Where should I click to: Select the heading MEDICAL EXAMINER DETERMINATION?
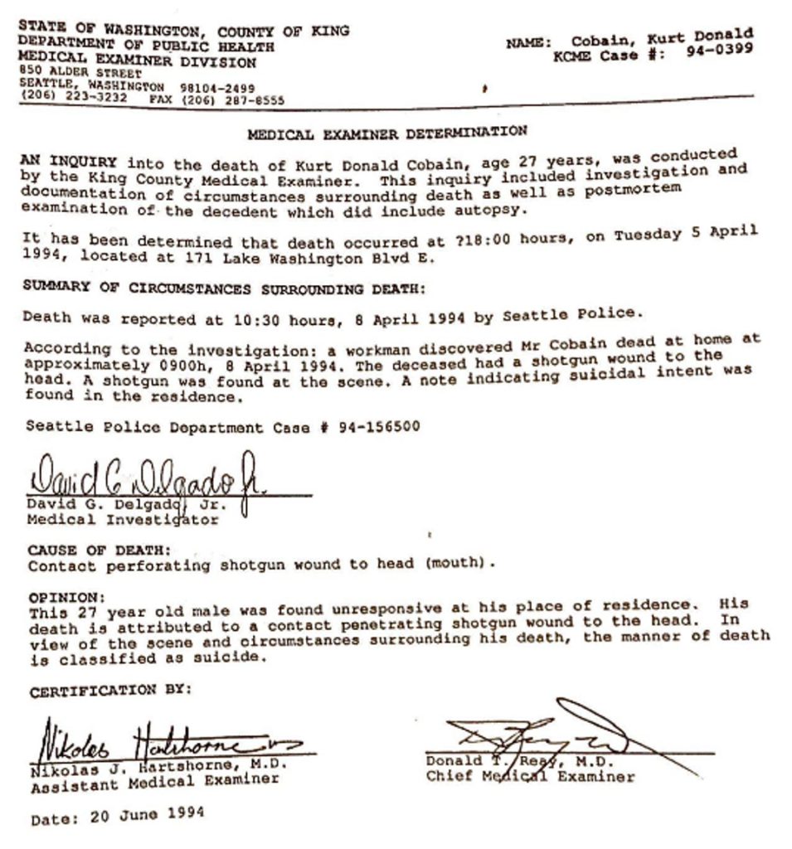click(x=387, y=133)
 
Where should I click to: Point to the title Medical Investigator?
click(x=123, y=520)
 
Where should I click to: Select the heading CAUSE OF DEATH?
click(x=100, y=550)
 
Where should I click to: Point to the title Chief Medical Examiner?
click(x=531, y=777)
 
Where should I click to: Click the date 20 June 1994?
click(x=147, y=815)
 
